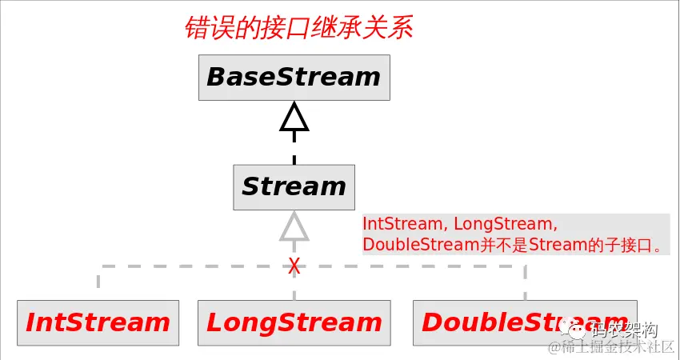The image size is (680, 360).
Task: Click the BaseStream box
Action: click(294, 78)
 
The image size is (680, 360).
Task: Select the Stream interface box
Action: click(294, 186)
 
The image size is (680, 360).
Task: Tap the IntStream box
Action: click(98, 322)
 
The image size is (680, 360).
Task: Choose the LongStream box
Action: click(294, 322)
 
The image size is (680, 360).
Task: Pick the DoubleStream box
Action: click(525, 322)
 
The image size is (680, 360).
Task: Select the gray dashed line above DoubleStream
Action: click(525, 280)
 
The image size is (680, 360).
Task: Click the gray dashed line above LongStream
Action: click(294, 288)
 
